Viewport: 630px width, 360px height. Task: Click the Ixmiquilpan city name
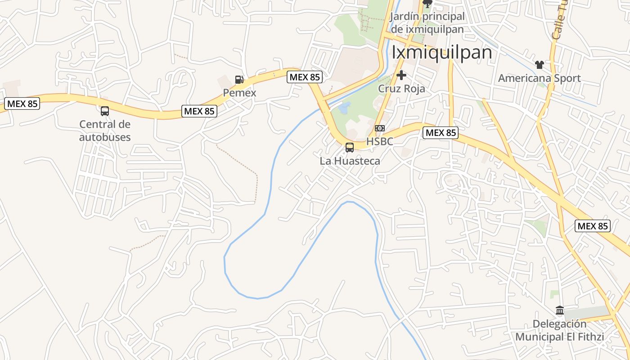point(441,52)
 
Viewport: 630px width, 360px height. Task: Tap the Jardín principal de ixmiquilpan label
point(427,23)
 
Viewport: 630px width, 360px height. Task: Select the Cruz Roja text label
point(401,89)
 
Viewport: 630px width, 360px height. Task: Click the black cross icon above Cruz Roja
point(401,75)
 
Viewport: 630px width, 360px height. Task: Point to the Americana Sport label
point(539,78)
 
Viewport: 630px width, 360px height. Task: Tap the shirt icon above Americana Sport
point(540,65)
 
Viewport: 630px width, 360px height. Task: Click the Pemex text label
point(239,93)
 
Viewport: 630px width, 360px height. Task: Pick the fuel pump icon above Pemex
point(239,80)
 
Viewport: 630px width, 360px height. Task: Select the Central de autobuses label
point(105,130)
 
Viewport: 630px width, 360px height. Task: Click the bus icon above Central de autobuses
point(105,111)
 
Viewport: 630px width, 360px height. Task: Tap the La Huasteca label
point(350,161)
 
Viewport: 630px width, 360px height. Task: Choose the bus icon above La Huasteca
point(350,147)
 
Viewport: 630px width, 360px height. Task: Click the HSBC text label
point(379,141)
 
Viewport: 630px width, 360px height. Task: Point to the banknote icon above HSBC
point(380,128)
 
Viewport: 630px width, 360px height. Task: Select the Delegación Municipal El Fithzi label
point(559,330)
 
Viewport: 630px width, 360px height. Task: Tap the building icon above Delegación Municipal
point(560,310)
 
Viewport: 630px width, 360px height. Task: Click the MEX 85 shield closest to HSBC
point(441,133)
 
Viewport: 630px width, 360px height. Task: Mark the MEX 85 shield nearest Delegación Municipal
point(593,226)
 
